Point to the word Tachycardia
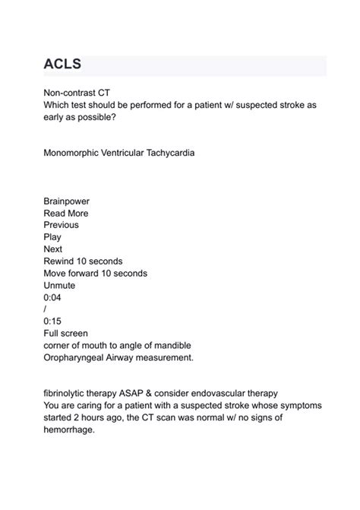click(168, 153)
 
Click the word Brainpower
click(67, 201)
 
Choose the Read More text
click(66, 214)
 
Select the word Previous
click(62, 225)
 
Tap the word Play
click(53, 237)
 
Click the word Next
click(54, 249)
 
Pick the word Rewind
click(61, 261)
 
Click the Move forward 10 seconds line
click(96, 273)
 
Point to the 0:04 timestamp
click(53, 297)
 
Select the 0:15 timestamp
click(53, 321)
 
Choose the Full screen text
click(66, 333)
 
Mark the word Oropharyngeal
click(79, 357)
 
